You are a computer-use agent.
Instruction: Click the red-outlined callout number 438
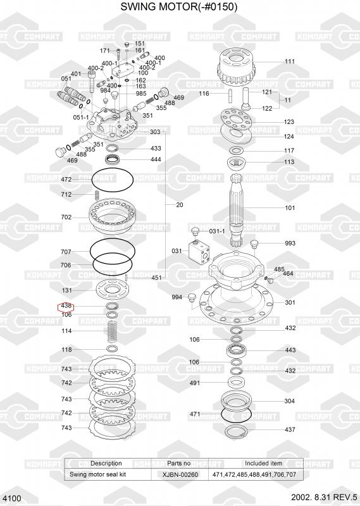point(66,305)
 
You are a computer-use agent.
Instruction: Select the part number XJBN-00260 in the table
point(180,474)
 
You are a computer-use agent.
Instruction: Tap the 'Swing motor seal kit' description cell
point(98,474)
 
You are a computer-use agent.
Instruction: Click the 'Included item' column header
point(263,463)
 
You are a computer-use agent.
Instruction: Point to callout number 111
point(290,61)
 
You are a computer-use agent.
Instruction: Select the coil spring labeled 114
point(112,331)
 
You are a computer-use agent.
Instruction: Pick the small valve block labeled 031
point(199,250)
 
